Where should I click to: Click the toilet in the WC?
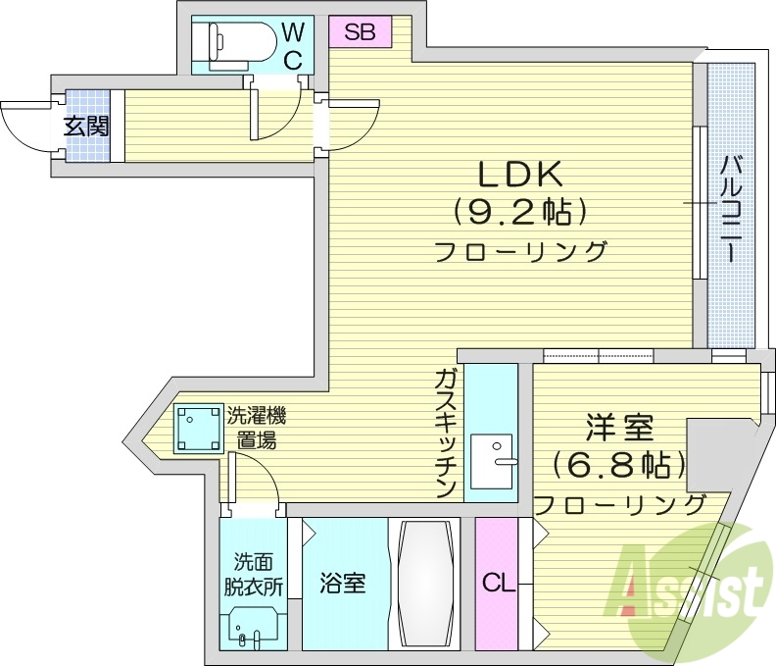click(235, 41)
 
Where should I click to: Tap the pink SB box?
click(359, 31)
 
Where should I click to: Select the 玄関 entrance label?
click(86, 127)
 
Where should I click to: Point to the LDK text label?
click(519, 174)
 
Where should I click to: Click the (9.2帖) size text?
click(519, 211)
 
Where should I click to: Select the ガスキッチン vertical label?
click(446, 432)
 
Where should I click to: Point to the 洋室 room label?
click(619, 429)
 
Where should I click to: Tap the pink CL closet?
click(499, 585)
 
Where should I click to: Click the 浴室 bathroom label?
click(343, 584)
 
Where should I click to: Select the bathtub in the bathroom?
click(424, 584)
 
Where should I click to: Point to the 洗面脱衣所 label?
click(258, 575)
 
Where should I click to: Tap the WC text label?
click(294, 46)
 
